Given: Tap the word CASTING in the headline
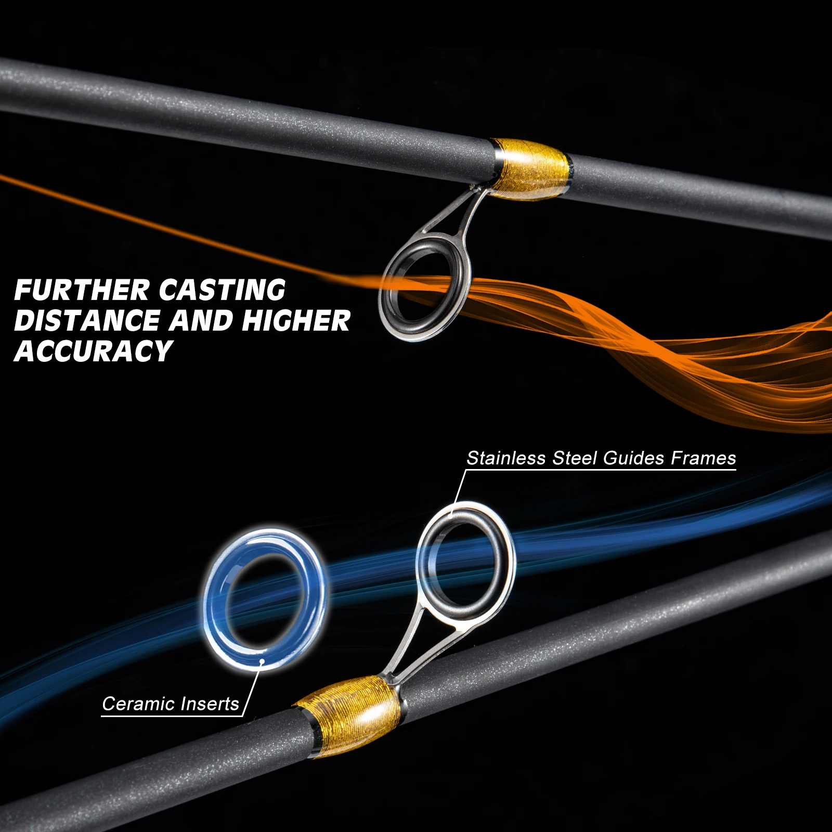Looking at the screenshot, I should click(x=222, y=290).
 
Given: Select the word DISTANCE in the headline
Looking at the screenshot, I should click(x=87, y=320).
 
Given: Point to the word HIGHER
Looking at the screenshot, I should click(x=296, y=320).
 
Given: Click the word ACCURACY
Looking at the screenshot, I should click(x=93, y=351).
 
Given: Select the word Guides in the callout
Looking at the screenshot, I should click(x=634, y=458).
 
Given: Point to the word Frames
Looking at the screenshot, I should click(x=703, y=458).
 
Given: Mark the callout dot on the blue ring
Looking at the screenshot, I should click(x=263, y=661).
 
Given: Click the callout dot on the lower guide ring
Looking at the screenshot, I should click(x=451, y=514).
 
